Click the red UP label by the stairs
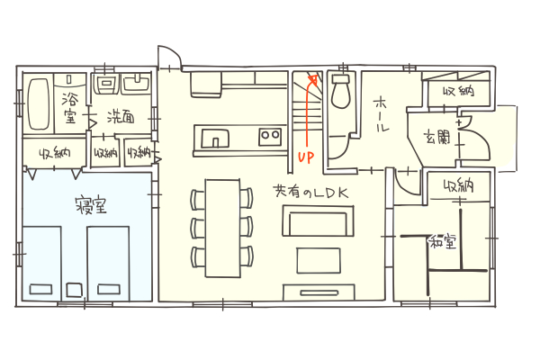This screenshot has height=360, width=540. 306,157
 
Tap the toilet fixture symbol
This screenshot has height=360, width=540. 340,91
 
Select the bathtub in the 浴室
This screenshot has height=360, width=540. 39,104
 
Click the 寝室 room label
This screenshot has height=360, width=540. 91,205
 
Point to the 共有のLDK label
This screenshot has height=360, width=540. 310,192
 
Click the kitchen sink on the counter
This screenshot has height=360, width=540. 215,138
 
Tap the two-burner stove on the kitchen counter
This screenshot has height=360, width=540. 270,136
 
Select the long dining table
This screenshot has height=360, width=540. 223,228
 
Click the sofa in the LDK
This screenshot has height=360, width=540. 318,220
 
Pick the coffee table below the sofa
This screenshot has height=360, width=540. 319,260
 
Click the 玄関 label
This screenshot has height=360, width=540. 436,137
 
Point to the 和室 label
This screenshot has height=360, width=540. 443,242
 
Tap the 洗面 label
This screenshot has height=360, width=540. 121,117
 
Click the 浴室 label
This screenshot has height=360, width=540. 70,108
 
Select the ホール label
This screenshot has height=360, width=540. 382,114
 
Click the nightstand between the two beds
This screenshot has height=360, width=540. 74,290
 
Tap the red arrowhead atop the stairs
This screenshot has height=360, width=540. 313,80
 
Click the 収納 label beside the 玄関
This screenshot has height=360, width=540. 459,91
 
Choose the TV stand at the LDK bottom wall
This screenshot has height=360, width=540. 319,292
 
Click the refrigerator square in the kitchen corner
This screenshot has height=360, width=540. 206,84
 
